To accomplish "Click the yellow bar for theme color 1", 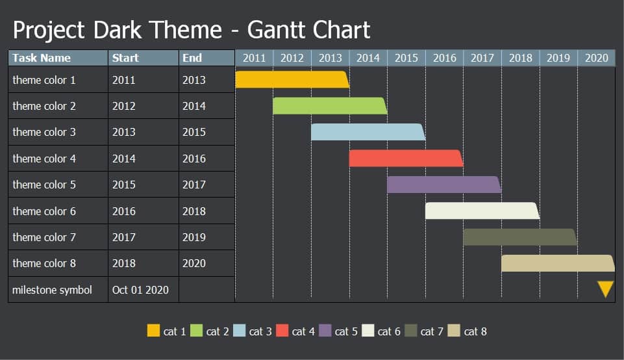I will point(292,79).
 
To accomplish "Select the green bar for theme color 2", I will point(329,106).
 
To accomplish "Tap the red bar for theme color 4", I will point(405,158).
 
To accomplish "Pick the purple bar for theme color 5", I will point(443,185).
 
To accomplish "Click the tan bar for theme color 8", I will point(557,263).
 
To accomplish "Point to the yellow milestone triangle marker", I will point(605,289).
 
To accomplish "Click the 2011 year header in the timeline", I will point(254,58).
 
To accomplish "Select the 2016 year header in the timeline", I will point(444,58).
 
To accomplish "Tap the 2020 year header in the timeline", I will point(596,58).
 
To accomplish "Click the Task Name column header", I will point(42,58).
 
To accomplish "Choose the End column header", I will point(192,58).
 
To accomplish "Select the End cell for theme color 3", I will point(194,132).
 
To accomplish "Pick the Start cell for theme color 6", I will point(124,211).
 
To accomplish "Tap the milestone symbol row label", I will point(52,290).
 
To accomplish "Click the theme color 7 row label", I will point(44,237).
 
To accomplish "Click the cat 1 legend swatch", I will point(153,331).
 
